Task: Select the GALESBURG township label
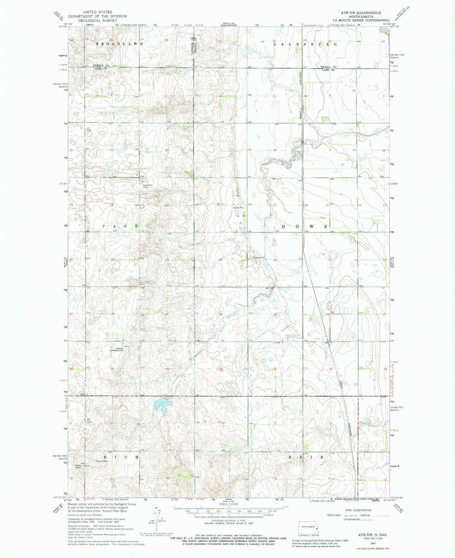point(305,44)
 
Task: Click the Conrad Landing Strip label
point(117,349)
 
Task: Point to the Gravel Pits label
point(238,208)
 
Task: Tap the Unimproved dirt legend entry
point(353,520)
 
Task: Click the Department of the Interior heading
point(97,16)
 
